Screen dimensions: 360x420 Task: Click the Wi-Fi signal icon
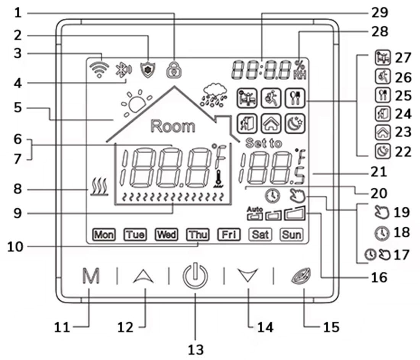click(99, 69)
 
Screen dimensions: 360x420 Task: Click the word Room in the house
click(173, 126)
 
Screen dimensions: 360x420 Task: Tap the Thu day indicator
click(198, 234)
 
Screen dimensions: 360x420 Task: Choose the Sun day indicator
click(291, 234)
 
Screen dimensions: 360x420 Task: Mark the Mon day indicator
click(104, 234)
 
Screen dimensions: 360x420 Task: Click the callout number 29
click(379, 13)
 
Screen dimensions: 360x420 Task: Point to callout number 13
click(195, 349)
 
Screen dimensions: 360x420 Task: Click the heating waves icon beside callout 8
click(99, 188)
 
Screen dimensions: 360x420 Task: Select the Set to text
click(264, 143)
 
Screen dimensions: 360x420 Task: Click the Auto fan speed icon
click(255, 215)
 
